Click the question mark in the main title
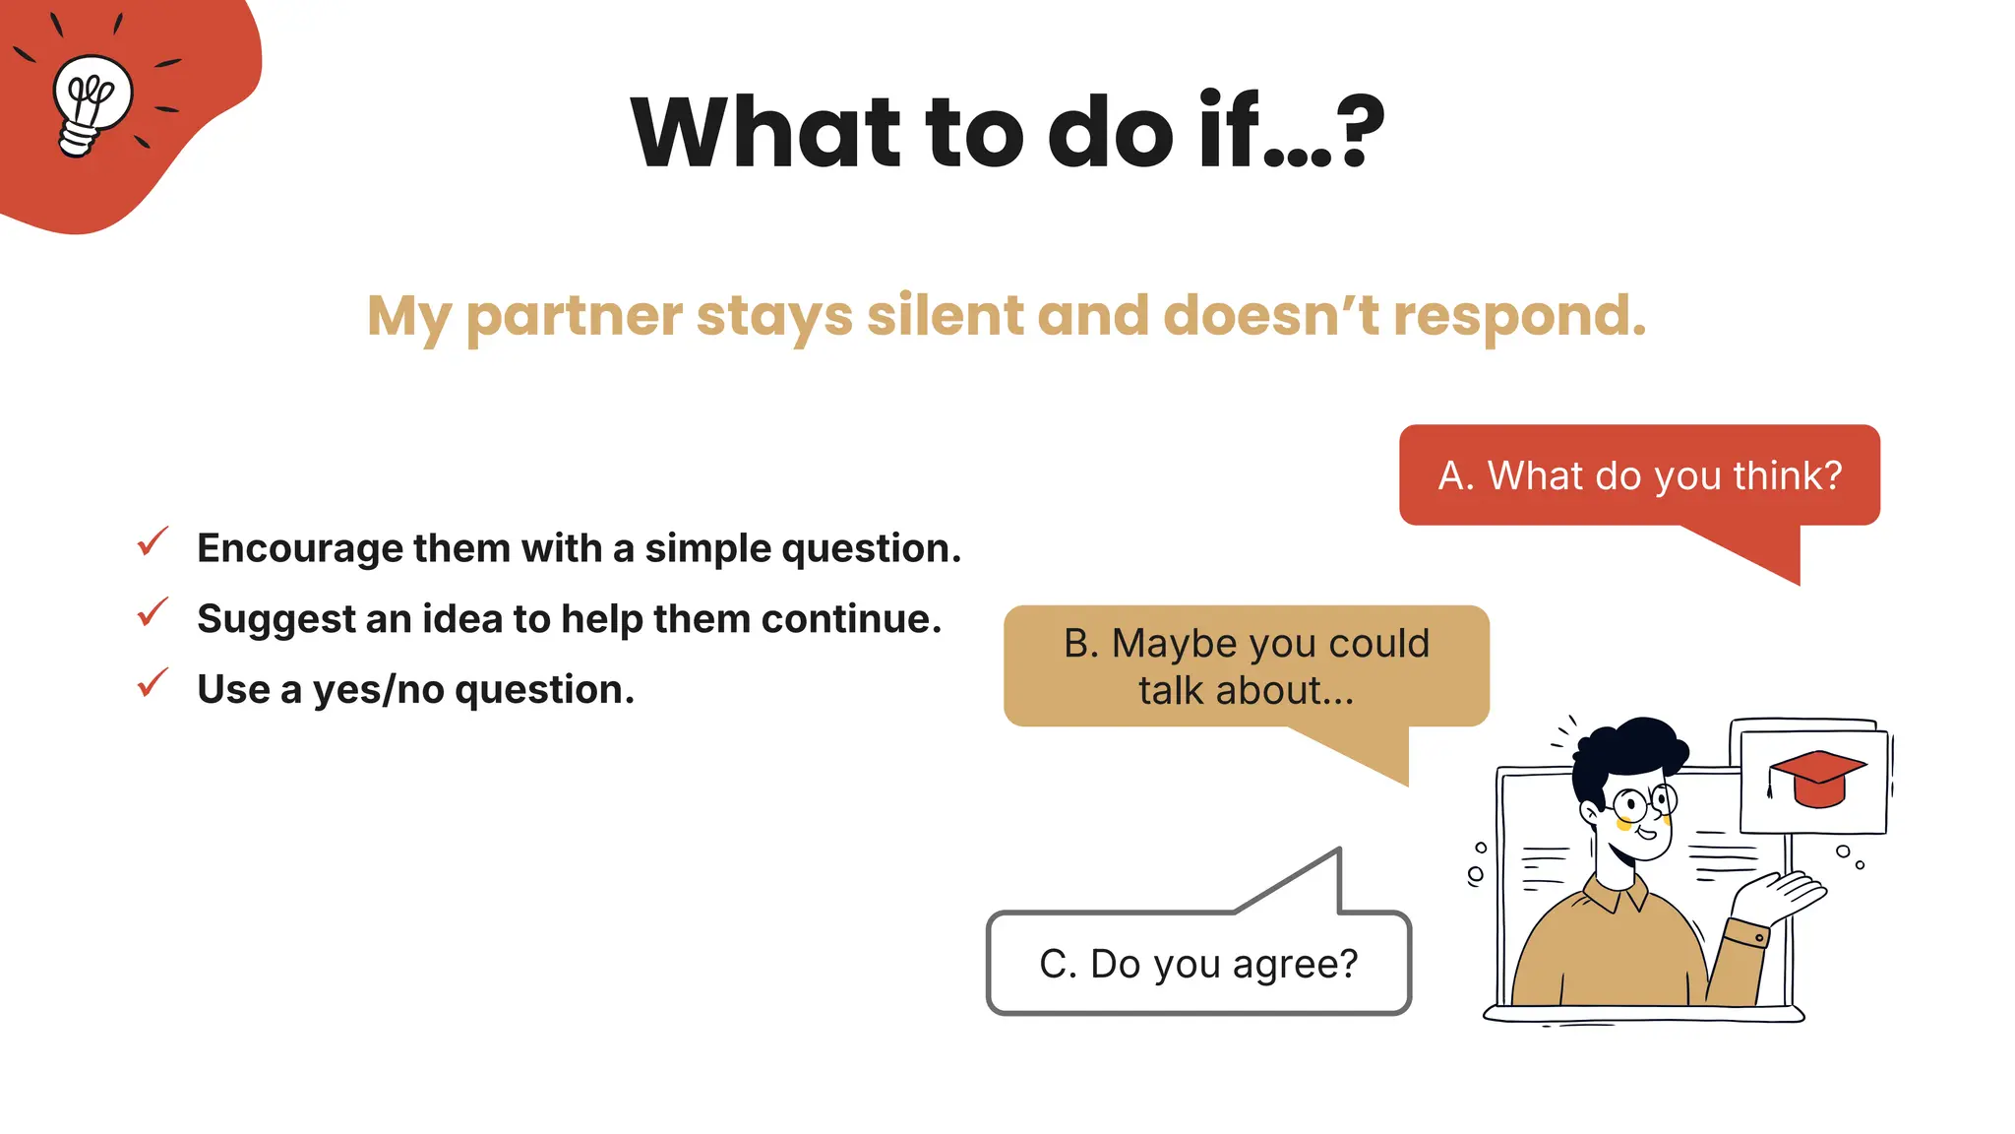coord(1360,132)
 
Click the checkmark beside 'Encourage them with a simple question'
coord(153,541)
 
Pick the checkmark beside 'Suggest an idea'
coord(153,612)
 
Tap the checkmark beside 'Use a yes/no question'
coord(153,683)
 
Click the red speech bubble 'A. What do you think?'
coord(1639,475)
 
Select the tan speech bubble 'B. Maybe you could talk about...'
coord(1246,666)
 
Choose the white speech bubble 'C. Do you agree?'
coord(1198,964)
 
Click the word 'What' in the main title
coord(765,132)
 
